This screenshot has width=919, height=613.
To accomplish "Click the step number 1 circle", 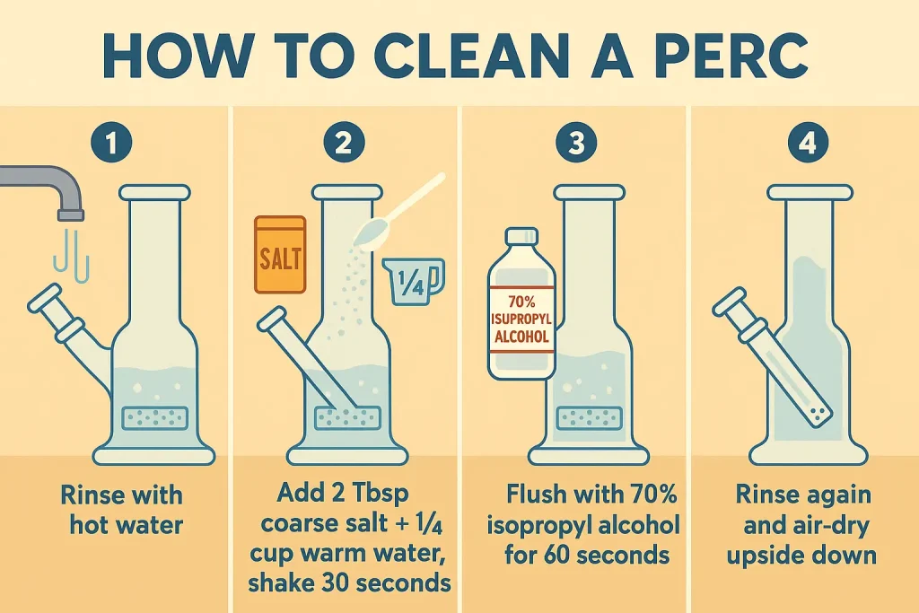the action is point(112,143).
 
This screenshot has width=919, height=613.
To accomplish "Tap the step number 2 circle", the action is point(344,143).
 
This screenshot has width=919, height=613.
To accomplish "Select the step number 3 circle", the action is point(577,143).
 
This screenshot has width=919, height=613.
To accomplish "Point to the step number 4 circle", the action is point(809,143).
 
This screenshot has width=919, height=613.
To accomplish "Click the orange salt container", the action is point(280,254).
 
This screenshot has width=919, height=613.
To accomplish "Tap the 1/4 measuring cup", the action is point(414,281).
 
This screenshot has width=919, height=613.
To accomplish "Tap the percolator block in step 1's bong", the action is point(155,418).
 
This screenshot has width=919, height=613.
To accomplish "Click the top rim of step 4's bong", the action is point(810,192).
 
